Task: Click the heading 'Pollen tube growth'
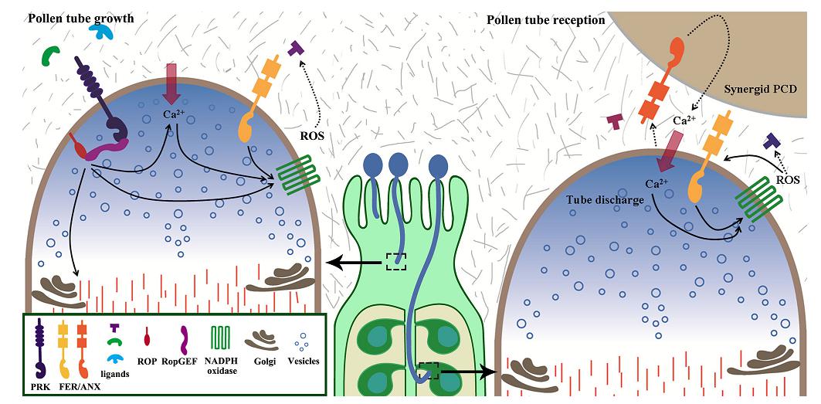tap(81, 18)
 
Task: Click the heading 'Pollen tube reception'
tap(546, 19)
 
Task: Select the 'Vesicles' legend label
tap(304, 360)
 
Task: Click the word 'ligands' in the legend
tap(115, 374)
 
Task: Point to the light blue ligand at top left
tap(101, 30)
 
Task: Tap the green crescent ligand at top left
tap(52, 55)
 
